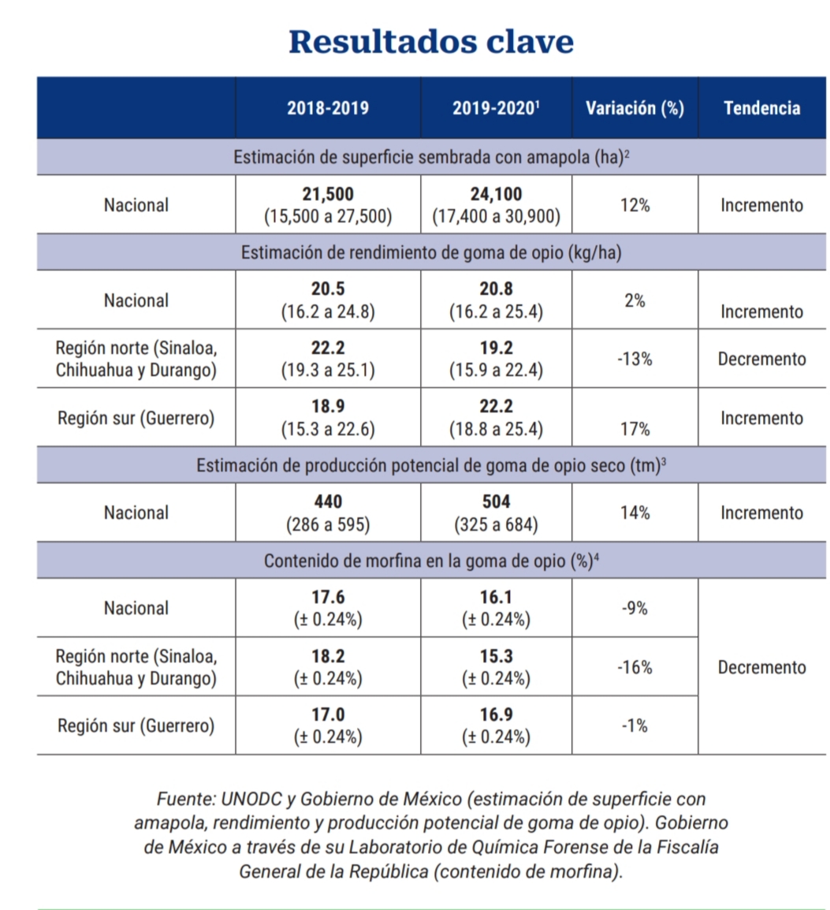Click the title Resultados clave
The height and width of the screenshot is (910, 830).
(431, 42)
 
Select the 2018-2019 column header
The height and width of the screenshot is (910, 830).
(328, 108)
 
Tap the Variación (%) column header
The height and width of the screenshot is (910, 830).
(635, 108)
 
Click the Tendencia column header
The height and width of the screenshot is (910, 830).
(762, 108)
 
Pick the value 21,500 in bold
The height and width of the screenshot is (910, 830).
(328, 194)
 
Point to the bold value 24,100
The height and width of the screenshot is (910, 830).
(496, 194)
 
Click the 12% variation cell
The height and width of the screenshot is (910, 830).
(635, 205)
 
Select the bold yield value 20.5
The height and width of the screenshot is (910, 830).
(328, 289)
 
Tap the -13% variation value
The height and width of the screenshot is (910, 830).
(635, 359)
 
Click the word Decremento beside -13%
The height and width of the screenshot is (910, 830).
(762, 359)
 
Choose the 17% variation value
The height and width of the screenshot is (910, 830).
(635, 430)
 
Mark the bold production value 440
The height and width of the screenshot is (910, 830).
(328, 502)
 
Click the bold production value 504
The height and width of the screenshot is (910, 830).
(496, 502)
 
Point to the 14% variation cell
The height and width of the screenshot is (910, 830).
(635, 513)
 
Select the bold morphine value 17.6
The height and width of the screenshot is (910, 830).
(328, 597)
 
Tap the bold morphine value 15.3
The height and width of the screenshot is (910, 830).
(496, 656)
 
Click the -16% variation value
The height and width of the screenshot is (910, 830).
(635, 667)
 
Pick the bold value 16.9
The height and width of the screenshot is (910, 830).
(496, 715)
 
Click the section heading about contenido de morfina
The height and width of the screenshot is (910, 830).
(431, 561)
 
